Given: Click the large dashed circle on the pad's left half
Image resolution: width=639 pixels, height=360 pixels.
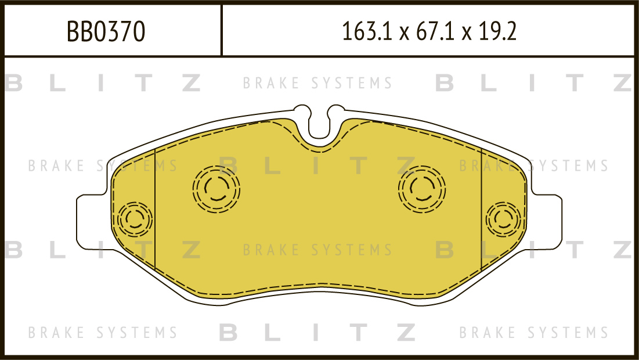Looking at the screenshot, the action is (x=216, y=187).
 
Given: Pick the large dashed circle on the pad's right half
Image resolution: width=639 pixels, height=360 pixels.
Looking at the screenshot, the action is (x=422, y=187).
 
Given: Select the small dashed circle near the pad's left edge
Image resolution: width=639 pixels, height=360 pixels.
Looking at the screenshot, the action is (x=134, y=219).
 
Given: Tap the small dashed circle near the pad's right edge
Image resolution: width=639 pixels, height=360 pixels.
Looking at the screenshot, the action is (x=504, y=219).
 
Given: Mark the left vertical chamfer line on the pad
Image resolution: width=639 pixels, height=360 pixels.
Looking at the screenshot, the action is (x=156, y=209).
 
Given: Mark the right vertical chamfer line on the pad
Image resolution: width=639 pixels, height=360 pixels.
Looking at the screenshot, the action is (x=482, y=209).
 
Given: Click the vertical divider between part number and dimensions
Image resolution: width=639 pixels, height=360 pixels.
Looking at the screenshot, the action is (x=222, y=30).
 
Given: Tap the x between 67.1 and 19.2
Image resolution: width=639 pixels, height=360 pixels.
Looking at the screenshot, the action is (x=466, y=33).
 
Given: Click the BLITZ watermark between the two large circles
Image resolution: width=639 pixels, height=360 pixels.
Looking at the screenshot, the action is (x=318, y=166).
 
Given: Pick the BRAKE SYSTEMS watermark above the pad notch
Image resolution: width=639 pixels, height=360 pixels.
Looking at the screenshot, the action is (x=318, y=84).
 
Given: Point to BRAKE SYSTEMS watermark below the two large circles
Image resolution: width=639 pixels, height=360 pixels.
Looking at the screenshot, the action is (x=318, y=250).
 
